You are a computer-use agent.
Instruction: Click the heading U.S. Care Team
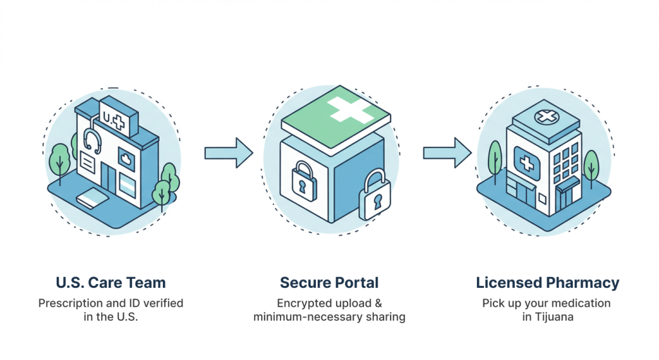[x=110, y=282]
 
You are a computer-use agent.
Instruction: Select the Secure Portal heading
[x=329, y=282]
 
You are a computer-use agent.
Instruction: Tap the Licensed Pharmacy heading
[x=548, y=282]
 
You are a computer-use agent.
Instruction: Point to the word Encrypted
[x=302, y=303]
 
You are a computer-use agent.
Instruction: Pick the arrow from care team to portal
[x=228, y=153]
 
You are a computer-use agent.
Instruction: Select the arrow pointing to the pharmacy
[x=447, y=153]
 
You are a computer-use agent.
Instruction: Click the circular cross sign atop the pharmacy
[x=546, y=117]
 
